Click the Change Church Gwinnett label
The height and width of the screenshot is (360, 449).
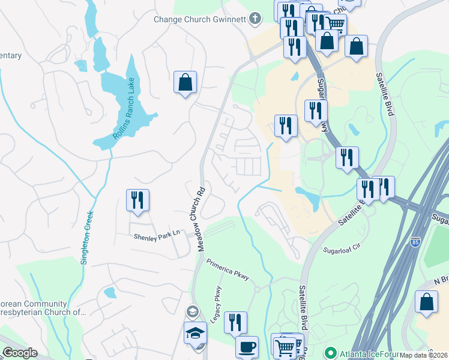pos(200,19)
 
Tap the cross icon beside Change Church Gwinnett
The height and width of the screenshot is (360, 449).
pos(256,18)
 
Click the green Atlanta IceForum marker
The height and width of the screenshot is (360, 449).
pos(329,352)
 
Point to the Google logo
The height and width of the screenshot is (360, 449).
pos(20,353)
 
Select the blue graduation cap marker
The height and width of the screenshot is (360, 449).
pos(196,333)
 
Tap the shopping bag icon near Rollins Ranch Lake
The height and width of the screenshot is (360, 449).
pos(185,82)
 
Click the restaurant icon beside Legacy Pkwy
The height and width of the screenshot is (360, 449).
pos(235,322)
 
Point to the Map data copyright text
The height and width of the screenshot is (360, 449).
pos(424,355)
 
